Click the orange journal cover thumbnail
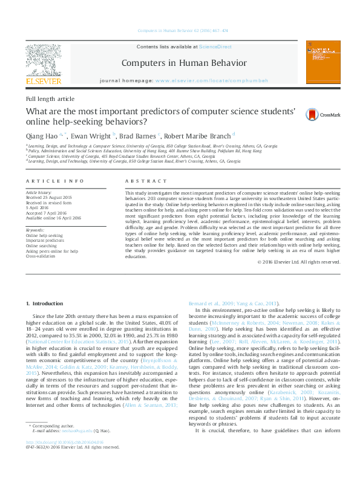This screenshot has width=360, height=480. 319,62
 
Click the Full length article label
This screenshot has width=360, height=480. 50,99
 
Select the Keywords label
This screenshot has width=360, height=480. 35,230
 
